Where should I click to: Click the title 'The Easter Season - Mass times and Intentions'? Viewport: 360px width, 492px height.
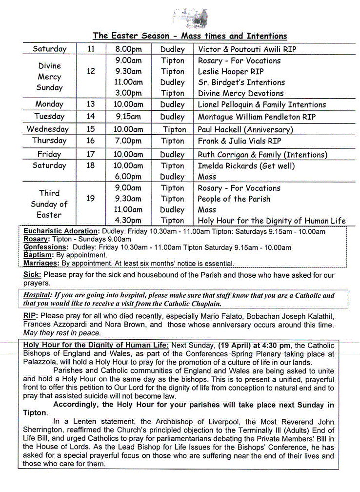coord(190,36)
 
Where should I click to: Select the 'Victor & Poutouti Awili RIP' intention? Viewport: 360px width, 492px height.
coord(247,49)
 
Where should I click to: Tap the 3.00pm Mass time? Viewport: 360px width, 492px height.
coord(128,93)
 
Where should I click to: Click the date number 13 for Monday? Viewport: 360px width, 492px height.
coord(91,104)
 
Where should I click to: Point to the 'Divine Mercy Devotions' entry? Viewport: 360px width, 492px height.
coord(240,93)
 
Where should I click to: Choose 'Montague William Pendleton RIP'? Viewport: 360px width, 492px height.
coord(257,117)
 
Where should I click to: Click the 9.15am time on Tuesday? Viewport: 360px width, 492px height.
coord(128,117)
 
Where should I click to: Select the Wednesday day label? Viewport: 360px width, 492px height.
coord(47,129)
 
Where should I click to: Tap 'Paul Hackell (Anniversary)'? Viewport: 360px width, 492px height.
coord(245,129)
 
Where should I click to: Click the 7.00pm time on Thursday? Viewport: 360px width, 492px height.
coord(128,141)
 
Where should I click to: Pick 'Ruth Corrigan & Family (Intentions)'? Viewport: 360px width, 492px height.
coord(262,155)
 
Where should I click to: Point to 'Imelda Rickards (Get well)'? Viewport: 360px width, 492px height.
coord(246,166)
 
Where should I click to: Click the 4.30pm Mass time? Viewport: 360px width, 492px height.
coord(128,221)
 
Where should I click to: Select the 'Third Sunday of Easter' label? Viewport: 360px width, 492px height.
coord(49,204)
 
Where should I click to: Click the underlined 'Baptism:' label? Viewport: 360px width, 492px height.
coord(38,255)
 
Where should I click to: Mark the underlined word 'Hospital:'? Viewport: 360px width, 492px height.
coord(38,295)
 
